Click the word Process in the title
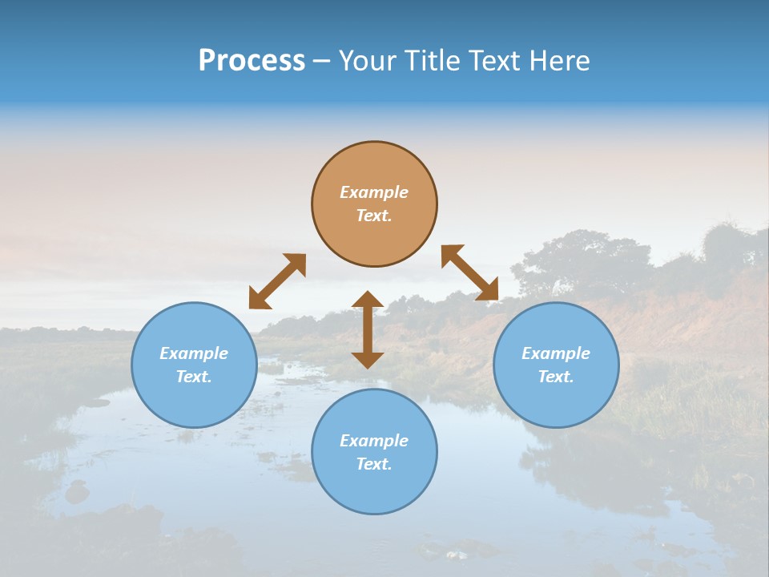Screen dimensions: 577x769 coord(252,61)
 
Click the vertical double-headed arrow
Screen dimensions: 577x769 coord(368,329)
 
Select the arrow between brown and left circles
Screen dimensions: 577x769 coord(277,281)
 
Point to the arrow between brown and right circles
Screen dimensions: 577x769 coord(469,272)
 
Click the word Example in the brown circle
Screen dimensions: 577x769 coord(374,192)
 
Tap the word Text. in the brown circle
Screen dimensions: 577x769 coord(374,216)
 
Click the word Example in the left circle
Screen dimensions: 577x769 coord(194,353)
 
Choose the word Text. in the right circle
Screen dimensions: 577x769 coord(556,377)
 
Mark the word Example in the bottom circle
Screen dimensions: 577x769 coord(374,441)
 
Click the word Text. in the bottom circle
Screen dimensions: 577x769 coord(374,464)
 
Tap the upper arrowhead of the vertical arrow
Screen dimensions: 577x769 coord(368,301)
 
